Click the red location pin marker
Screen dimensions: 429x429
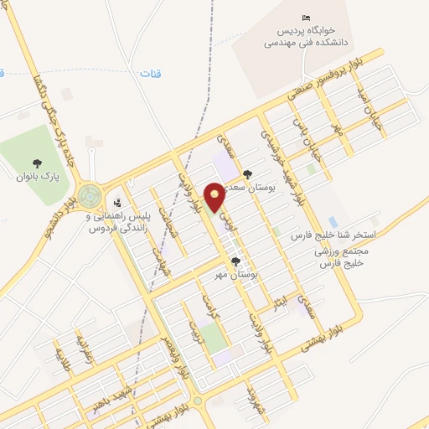[215, 196]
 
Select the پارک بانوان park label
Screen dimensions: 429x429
[36, 177]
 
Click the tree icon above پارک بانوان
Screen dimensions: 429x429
[36, 163]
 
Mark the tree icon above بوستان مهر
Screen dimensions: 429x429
[235, 261]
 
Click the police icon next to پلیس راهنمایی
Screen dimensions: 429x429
[117, 202]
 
